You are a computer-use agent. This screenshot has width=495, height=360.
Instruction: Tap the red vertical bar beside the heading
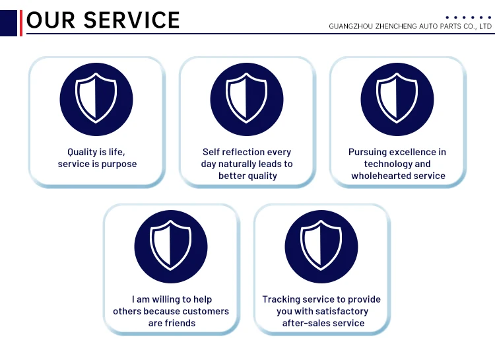tap(21, 22)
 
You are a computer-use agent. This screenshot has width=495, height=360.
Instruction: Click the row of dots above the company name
tap(469, 17)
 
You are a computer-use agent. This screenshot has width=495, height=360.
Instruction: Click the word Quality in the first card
tap(82, 152)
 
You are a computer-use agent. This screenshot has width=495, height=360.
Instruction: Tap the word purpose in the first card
tap(119, 164)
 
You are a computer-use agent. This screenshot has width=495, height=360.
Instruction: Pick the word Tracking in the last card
tap(281, 299)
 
